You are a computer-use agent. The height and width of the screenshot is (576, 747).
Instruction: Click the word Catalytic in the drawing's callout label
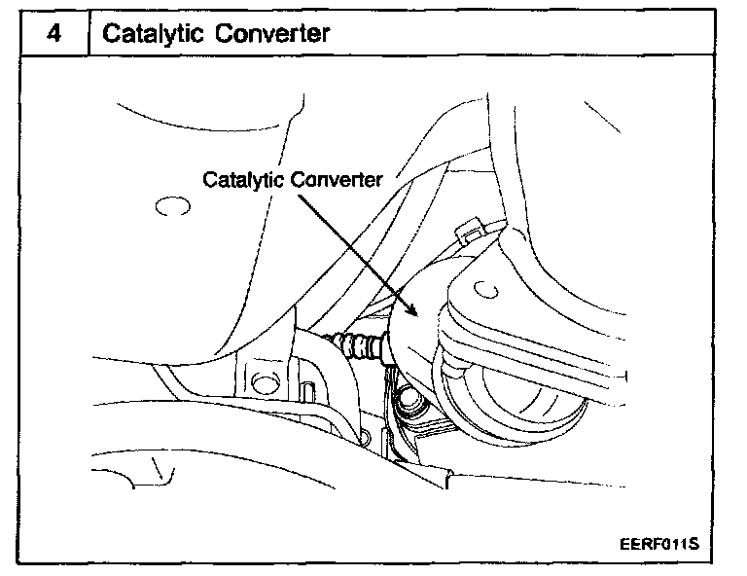(243, 180)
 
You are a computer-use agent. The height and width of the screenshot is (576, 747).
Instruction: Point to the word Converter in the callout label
(336, 180)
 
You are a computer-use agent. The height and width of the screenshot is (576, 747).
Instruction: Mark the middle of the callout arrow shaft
(355, 251)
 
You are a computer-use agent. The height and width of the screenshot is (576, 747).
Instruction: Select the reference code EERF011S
(658, 544)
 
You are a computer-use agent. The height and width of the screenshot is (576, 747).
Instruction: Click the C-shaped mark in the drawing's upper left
(168, 207)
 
